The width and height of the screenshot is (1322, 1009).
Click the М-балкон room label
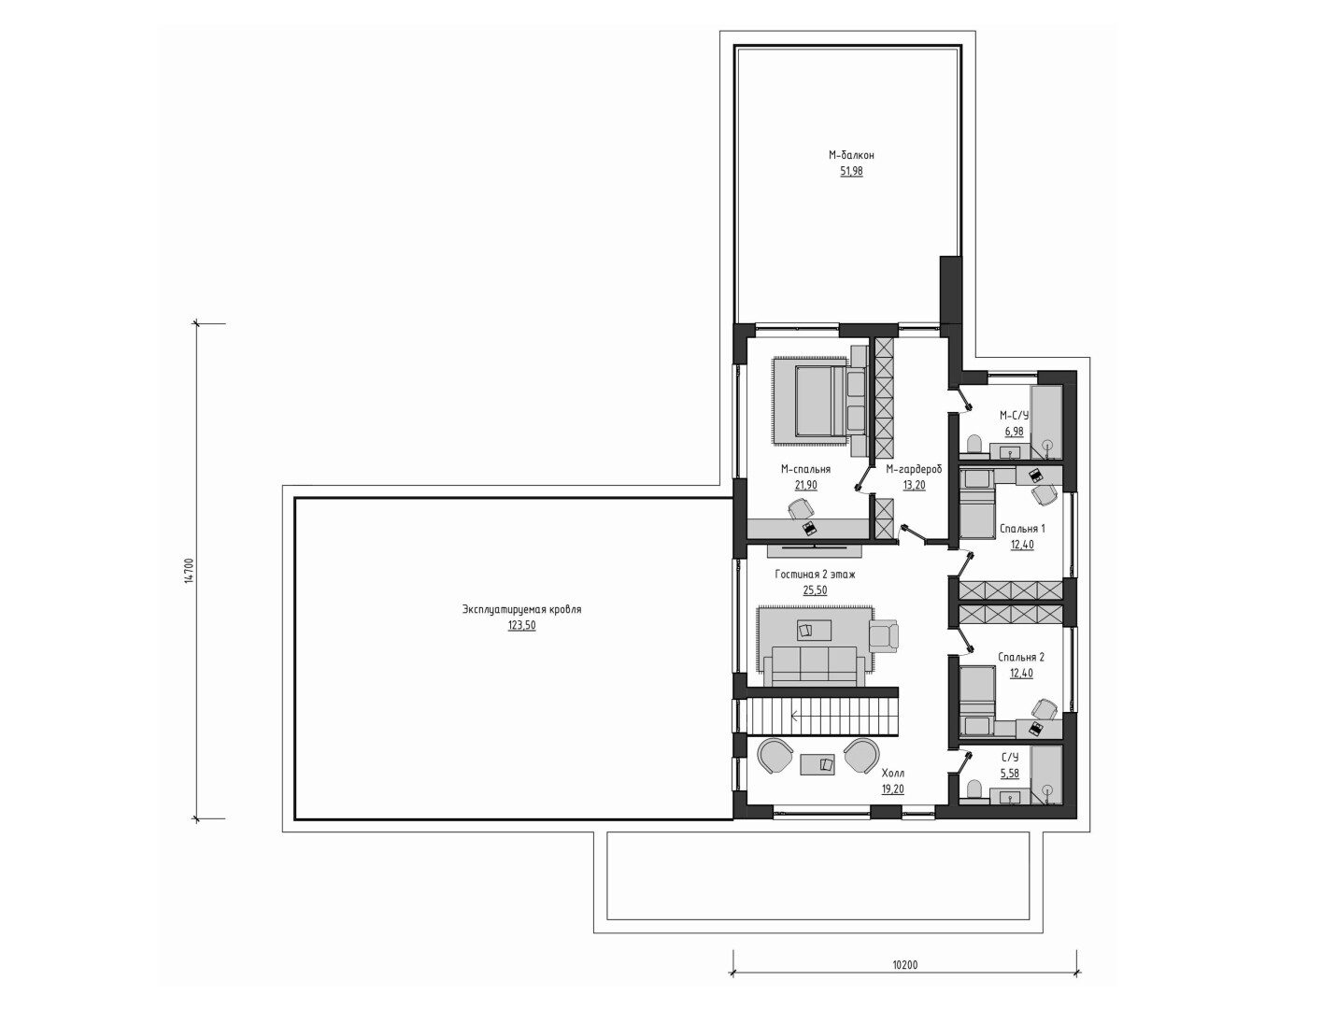coord(851,155)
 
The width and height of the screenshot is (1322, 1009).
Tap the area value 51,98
coord(851,172)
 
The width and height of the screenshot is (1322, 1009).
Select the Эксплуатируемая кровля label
coord(521,610)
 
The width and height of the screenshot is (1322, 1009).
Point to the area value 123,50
coord(521,626)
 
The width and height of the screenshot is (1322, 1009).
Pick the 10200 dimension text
coord(904,982)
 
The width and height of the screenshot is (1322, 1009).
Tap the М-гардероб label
coord(914,469)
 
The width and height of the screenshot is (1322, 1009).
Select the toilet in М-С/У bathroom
coord(974,445)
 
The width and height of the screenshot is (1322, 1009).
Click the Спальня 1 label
coord(1022,529)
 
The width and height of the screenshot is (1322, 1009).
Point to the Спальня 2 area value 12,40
coord(1021,673)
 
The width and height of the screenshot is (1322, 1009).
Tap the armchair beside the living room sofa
coord(884,636)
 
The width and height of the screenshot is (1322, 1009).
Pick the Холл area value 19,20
coord(892,789)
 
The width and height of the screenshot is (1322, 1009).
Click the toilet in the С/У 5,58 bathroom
coord(974,789)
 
